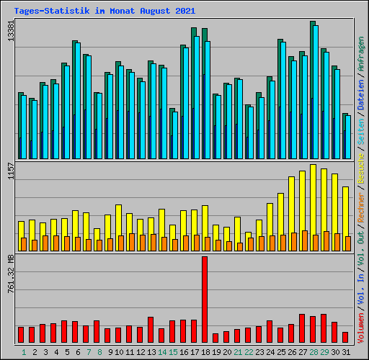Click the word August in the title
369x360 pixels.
155,11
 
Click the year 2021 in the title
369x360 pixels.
185,11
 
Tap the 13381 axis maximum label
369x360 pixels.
11,31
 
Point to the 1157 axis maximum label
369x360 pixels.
11,171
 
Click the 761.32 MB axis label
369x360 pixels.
11,274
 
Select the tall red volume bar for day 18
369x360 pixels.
205,300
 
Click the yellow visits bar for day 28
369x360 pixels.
313,199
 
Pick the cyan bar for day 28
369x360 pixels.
316,92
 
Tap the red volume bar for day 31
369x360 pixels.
345,337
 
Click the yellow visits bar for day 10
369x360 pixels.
118,220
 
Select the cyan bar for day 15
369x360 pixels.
175,135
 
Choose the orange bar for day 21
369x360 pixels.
240,247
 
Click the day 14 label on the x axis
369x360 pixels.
162,352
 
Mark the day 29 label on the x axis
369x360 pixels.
324,352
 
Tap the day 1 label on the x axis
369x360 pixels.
24,352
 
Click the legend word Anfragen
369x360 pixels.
361,54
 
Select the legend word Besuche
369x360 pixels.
361,169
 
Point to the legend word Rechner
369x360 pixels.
361,207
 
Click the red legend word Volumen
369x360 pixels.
361,328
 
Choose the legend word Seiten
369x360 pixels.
361,132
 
